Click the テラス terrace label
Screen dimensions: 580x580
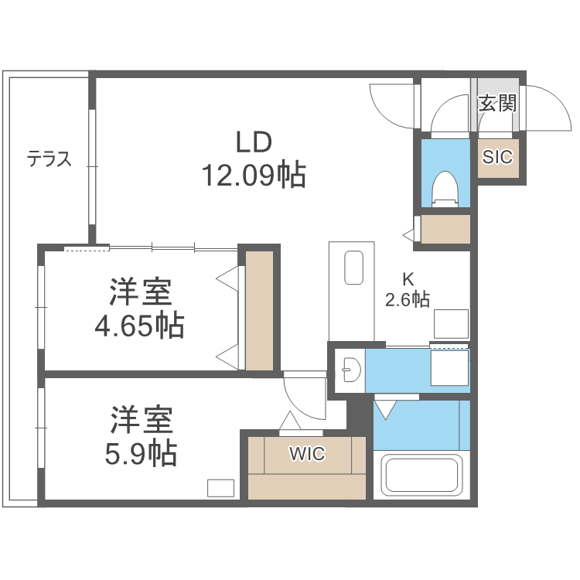click(49, 159)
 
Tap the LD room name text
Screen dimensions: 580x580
click(254, 142)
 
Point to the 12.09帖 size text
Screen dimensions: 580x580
click(254, 176)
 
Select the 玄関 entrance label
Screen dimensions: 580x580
click(496, 104)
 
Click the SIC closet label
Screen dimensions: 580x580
click(497, 157)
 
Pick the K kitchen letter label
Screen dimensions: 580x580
click(408, 279)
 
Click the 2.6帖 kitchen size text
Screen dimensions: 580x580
click(408, 299)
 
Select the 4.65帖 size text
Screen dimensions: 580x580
click(139, 326)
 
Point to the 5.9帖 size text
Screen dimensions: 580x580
click(141, 452)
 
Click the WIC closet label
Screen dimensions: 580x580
click(307, 454)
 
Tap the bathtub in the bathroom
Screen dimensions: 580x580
click(422, 476)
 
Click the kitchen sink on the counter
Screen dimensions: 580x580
click(353, 269)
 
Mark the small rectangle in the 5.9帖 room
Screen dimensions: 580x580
click(220, 488)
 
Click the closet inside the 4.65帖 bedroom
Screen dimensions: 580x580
click(260, 310)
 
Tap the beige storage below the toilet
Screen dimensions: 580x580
click(445, 230)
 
